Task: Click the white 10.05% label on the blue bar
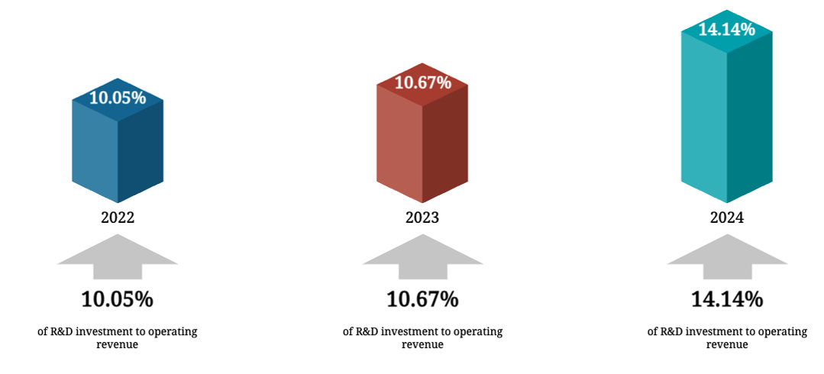pyautogui.click(x=118, y=98)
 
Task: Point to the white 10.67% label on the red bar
pyautogui.click(x=422, y=82)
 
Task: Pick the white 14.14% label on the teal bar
pyautogui.click(x=726, y=30)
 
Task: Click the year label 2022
pyautogui.click(x=118, y=218)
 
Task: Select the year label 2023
pyautogui.click(x=422, y=218)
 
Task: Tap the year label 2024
pyautogui.click(x=726, y=218)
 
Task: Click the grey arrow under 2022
pyautogui.click(x=118, y=256)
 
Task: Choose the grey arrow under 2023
pyautogui.click(x=422, y=256)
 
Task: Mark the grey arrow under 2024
pyautogui.click(x=727, y=256)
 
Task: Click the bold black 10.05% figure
pyautogui.click(x=118, y=299)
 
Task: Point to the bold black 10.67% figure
pyautogui.click(x=422, y=299)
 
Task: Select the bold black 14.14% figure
pyautogui.click(x=727, y=299)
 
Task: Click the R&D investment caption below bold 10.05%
pyautogui.click(x=118, y=337)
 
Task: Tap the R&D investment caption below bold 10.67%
pyautogui.click(x=422, y=337)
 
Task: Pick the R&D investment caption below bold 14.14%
pyautogui.click(x=727, y=337)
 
